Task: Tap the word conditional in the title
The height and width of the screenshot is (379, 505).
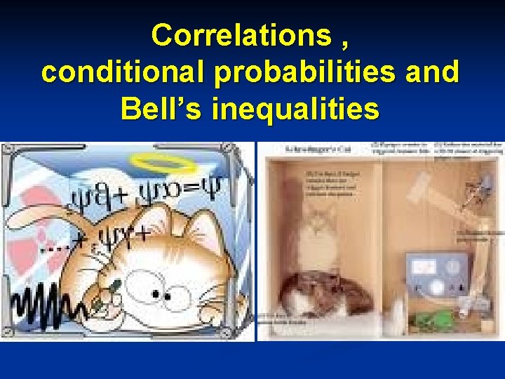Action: point(116,72)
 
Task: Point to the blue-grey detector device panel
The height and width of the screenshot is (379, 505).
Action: point(438,273)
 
